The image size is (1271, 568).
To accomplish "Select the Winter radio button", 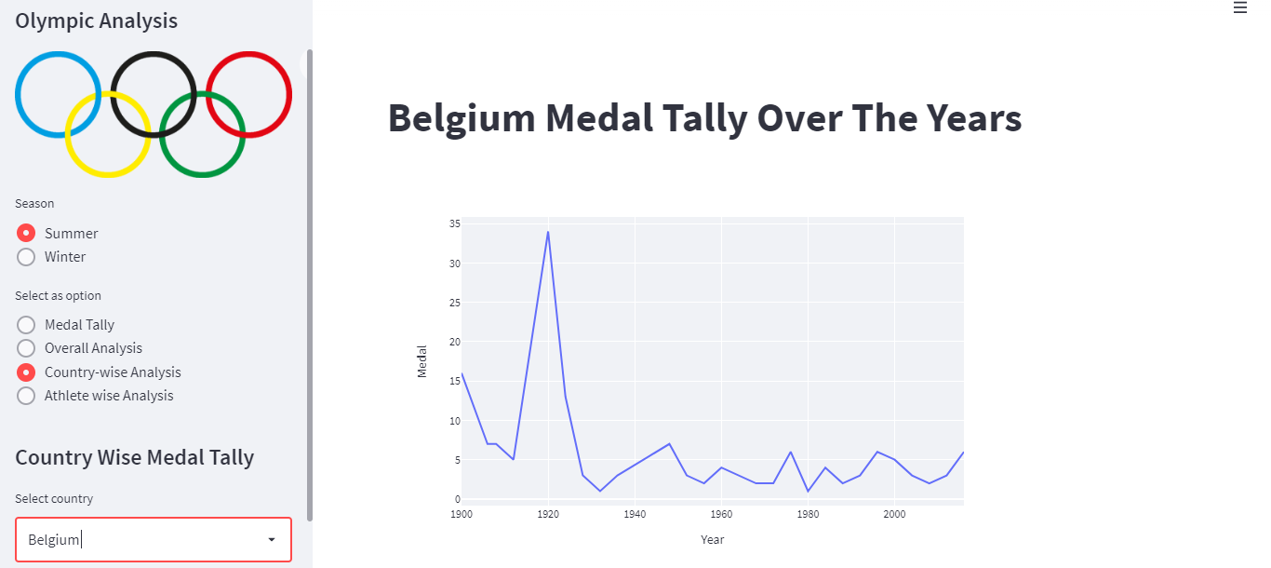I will pyautogui.click(x=26, y=257).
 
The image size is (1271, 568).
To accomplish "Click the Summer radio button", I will pyautogui.click(x=26, y=233).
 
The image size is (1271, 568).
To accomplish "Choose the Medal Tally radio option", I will pyautogui.click(x=26, y=325).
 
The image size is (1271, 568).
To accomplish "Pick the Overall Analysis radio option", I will pyautogui.click(x=26, y=348).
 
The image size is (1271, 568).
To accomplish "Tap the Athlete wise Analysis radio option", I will pyautogui.click(x=26, y=396).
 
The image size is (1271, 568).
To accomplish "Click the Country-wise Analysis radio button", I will pyautogui.click(x=26, y=372).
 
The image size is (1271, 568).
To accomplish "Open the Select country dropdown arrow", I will pyautogui.click(x=272, y=540).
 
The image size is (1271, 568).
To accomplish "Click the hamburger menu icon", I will pyautogui.click(x=1239, y=7).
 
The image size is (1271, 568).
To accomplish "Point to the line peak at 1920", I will pyautogui.click(x=548, y=231).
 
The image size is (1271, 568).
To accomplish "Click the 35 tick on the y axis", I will pyautogui.click(x=454, y=223).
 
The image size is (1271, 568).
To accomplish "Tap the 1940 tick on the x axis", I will pyautogui.click(x=635, y=514).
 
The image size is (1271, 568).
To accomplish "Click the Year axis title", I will pyautogui.click(x=713, y=540).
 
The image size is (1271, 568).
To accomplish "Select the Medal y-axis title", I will pyautogui.click(x=422, y=361).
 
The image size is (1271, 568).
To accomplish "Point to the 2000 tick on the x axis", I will pyautogui.click(x=894, y=514).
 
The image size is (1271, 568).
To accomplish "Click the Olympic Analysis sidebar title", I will pyautogui.click(x=96, y=20).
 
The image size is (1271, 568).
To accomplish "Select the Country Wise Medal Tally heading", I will pyautogui.click(x=134, y=457).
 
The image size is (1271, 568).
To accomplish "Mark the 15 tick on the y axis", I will pyautogui.click(x=454, y=381).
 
